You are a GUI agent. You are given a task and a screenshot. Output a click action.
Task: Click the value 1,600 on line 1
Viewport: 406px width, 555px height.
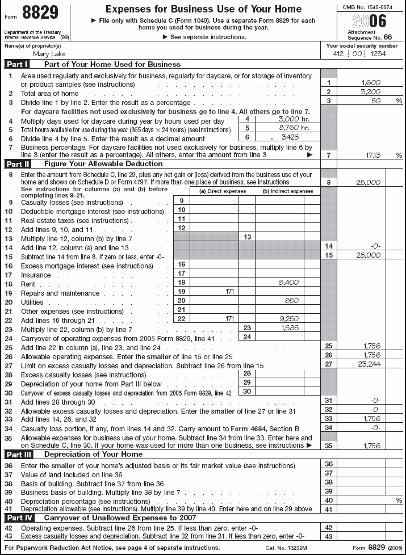coord(370,83)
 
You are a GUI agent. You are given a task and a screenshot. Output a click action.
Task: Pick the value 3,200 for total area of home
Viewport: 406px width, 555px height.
coord(370,93)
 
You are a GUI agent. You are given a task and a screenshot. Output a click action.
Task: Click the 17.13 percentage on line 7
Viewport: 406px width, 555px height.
coord(370,155)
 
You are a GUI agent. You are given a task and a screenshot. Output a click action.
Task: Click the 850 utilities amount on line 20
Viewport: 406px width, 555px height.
coord(291,300)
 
